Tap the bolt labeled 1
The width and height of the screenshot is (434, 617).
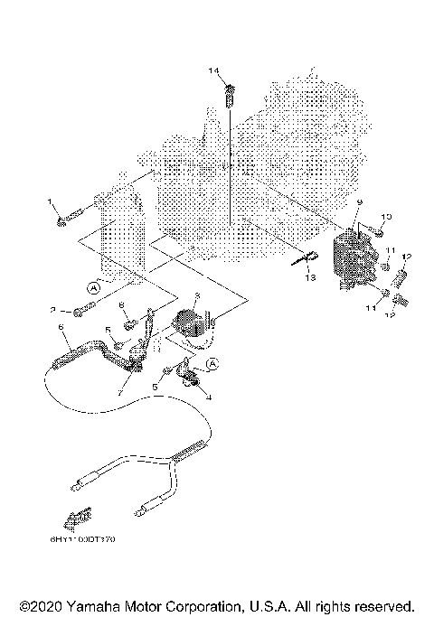click(71, 218)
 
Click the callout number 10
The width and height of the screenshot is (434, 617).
click(386, 217)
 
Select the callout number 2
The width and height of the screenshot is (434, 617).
click(53, 309)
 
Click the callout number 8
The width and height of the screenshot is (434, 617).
click(121, 305)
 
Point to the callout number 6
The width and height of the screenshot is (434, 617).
click(60, 326)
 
